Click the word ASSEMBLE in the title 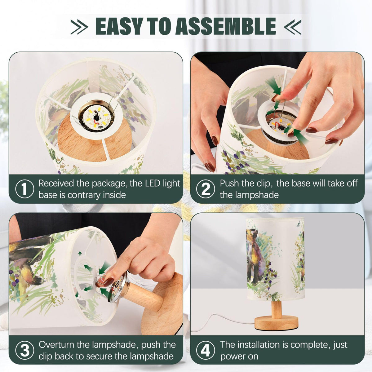pos(225,26)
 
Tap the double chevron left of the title pos(79,27)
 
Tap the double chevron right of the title pos(292,27)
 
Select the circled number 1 pos(24,189)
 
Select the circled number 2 pos(206,189)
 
